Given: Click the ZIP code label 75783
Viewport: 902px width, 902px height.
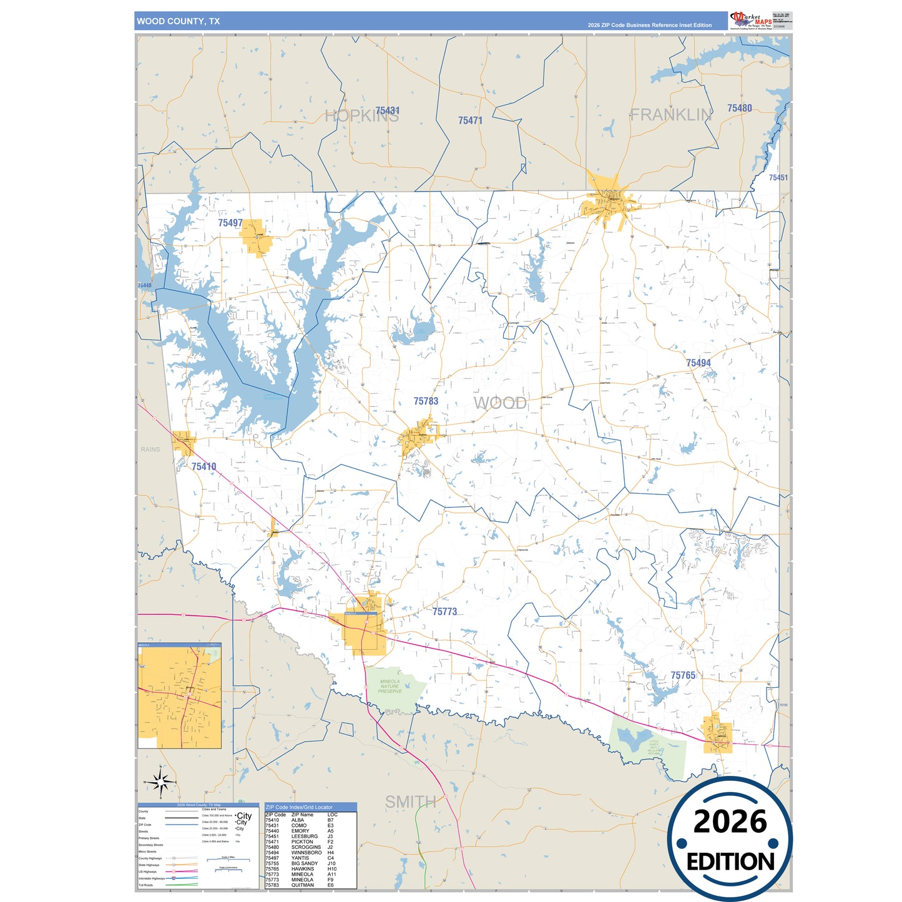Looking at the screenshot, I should click(426, 401).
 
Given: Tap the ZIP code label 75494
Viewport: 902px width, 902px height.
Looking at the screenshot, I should click(698, 363).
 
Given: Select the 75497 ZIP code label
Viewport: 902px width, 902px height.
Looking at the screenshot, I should click(230, 223).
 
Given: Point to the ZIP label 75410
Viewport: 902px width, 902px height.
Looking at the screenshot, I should click(203, 466).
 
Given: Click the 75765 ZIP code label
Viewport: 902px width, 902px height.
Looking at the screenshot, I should click(683, 675).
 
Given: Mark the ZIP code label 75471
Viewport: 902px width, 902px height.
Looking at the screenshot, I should click(470, 120).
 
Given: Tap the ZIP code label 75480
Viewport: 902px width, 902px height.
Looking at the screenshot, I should click(739, 108).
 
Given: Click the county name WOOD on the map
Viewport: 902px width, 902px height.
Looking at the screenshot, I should click(500, 403).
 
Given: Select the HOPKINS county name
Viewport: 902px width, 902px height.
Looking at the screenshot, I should click(361, 116).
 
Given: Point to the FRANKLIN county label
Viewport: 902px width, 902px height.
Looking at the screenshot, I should click(670, 115).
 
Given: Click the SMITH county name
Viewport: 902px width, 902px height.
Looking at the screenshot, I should click(410, 802).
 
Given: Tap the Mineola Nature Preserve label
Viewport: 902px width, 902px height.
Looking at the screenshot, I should click(390, 687).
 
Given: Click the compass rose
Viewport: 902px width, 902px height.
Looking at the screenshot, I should click(160, 782).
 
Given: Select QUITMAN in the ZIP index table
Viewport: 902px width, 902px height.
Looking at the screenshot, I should click(302, 885).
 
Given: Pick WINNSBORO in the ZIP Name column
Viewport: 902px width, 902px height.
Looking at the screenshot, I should click(306, 853).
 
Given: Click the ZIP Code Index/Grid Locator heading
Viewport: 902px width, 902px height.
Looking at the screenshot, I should click(299, 807).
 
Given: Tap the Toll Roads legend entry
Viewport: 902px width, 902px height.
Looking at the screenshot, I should click(145, 885).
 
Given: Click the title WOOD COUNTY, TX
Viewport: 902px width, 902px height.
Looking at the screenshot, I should click(179, 21).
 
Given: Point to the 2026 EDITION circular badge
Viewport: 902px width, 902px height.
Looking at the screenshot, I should click(730, 839).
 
